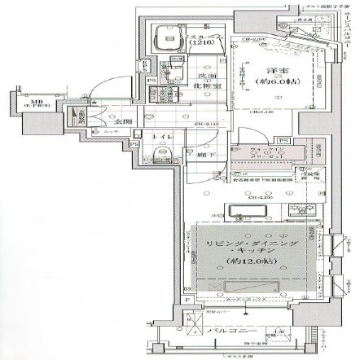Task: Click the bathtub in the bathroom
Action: point(170,36)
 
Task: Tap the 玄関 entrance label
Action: point(123,122)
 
